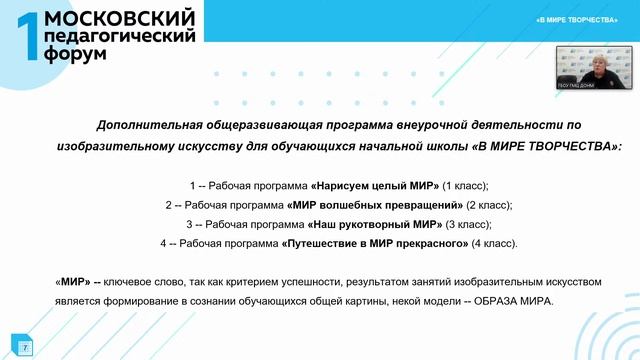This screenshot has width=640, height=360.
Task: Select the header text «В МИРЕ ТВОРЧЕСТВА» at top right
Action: [577, 20]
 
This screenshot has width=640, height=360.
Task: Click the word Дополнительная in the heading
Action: [143, 125]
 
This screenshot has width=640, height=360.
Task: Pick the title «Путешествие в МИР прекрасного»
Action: [376, 243]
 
